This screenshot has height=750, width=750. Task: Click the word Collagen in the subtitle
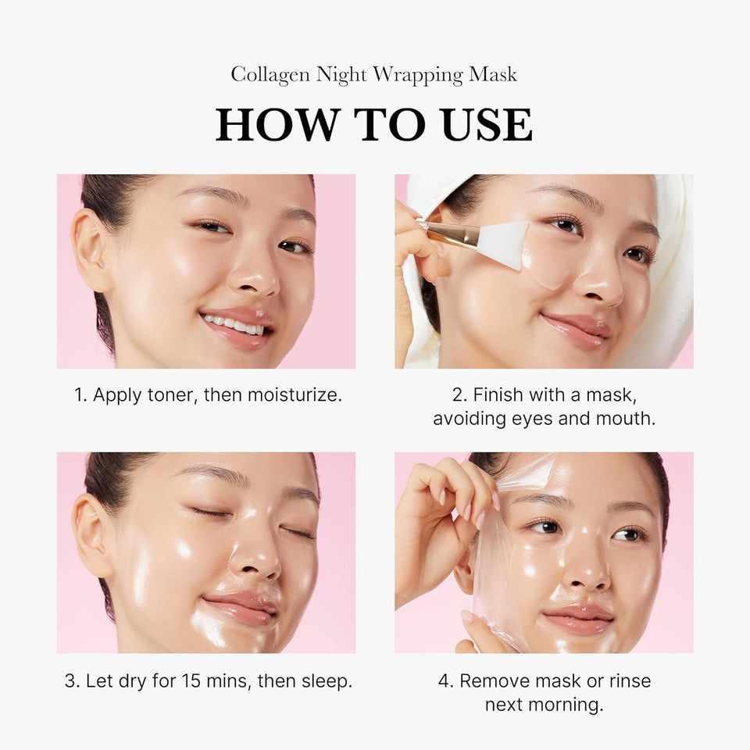[270, 75]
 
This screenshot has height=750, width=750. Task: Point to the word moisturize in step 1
[295, 395]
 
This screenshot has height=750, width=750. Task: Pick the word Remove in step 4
[493, 680]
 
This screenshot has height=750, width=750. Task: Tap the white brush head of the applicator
[503, 244]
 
